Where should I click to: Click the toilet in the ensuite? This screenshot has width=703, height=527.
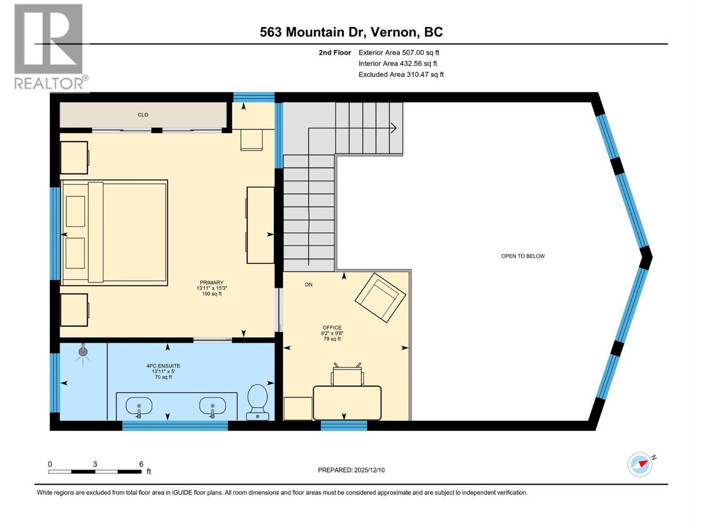257,401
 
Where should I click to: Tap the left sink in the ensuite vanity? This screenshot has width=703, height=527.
139,406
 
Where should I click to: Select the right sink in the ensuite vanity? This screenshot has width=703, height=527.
212,406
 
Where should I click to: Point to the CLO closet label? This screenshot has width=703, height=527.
143,115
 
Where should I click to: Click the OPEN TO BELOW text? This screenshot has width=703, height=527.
523,256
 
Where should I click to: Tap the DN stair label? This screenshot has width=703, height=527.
309,285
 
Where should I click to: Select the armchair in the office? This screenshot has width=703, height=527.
380,297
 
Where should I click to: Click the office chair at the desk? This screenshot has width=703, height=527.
347,375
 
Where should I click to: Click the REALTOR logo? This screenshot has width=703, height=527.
49,46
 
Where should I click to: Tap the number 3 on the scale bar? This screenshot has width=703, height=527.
95,464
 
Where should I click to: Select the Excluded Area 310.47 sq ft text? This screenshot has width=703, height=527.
401,75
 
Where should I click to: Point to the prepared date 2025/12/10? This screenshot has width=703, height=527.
351,470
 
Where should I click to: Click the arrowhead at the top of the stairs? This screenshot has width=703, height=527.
394,128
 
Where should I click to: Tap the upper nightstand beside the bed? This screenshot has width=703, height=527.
74,157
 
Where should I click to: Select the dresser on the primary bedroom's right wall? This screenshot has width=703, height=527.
260,225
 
